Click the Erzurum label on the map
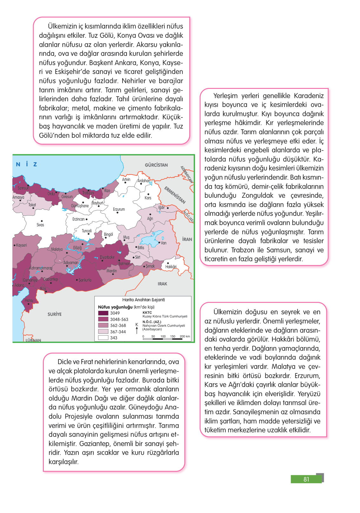click(119, 210)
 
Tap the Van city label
click(163, 243)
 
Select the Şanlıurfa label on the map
click(85, 280)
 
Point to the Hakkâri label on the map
click(171, 267)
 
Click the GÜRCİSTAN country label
click(156, 165)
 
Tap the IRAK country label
click(162, 284)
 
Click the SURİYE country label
click(55, 314)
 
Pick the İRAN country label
click(187, 239)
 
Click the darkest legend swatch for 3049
click(103, 313)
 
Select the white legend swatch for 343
click(103, 338)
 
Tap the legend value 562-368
click(118, 326)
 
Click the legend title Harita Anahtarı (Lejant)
click(143, 300)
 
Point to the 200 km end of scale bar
click(185, 336)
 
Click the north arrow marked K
click(137, 329)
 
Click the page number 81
click(306, 479)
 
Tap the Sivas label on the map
click(40, 225)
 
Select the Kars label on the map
click(148, 198)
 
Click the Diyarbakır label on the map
click(107, 257)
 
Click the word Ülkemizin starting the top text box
click(62, 26)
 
